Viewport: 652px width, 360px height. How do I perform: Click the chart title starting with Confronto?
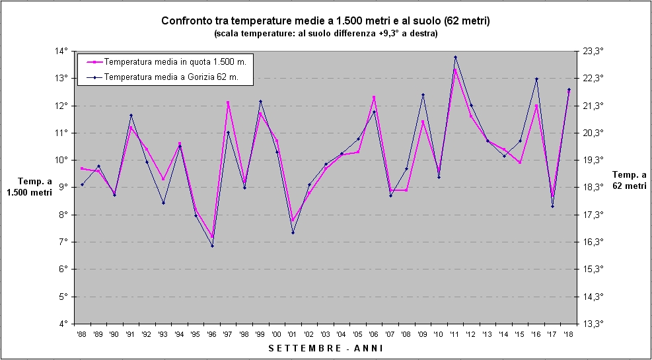(x=325, y=21)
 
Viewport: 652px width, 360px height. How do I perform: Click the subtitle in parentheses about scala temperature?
(x=325, y=33)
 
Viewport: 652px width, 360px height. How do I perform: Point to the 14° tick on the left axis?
(x=61, y=51)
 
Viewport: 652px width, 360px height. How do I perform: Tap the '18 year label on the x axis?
(x=569, y=335)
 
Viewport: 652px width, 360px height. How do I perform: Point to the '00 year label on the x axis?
(x=277, y=335)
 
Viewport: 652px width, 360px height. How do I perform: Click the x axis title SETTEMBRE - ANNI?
(x=325, y=348)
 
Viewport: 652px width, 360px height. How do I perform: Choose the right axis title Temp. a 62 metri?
(x=628, y=180)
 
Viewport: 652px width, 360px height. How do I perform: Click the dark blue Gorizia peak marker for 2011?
(x=455, y=57)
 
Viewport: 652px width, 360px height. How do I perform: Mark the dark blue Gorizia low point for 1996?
(x=212, y=246)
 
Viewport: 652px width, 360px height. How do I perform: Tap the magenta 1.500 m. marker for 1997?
(x=228, y=102)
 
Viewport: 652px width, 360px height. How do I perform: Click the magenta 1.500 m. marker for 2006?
(x=374, y=97)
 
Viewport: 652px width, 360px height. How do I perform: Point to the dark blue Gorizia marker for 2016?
(x=536, y=79)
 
